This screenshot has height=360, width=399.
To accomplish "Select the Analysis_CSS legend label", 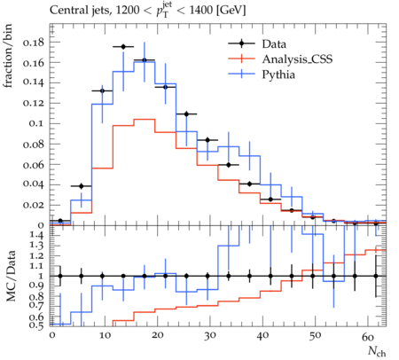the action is click(x=297, y=59).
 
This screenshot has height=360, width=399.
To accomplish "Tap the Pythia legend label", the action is click(x=278, y=74).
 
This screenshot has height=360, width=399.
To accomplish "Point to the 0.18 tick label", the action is click(x=33, y=43).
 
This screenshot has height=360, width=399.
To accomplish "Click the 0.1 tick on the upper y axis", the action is click(x=36, y=123).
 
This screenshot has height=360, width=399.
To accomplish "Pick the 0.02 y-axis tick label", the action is click(x=33, y=205).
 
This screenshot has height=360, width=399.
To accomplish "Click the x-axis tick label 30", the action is click(x=210, y=336).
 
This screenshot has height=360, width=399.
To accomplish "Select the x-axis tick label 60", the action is click(x=368, y=336).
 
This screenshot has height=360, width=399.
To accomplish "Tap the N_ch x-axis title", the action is click(x=377, y=351).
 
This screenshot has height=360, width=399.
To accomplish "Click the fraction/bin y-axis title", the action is click(x=8, y=56).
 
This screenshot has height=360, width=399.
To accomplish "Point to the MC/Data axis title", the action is click(x=11, y=276).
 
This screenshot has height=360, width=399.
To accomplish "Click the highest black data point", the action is click(x=123, y=47).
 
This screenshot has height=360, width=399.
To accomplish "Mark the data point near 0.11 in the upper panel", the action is click(x=186, y=114).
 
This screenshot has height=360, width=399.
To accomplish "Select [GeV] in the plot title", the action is click(x=231, y=11).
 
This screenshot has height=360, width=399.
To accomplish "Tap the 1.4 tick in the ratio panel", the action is click(x=37, y=236).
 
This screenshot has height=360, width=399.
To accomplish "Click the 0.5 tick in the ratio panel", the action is click(x=37, y=325).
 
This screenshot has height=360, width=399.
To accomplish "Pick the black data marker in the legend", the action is click(x=241, y=43).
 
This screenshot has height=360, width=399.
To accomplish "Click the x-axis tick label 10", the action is click(x=105, y=336).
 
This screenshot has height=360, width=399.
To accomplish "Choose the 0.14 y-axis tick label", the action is click(x=33, y=82).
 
